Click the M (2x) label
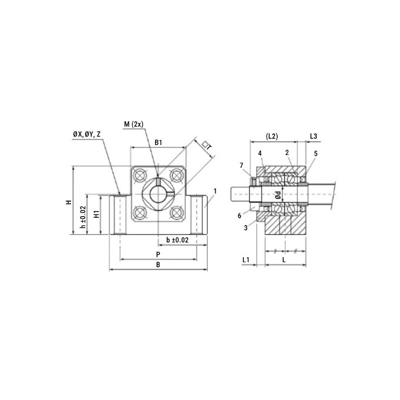click(x=134, y=124)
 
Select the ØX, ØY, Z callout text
click(x=87, y=134)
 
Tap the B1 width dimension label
click(x=158, y=142)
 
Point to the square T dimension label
click(x=207, y=146)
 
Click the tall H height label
click(x=69, y=202)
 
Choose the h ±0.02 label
click(x=83, y=217)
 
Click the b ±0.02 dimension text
click(x=177, y=240)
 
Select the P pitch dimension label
click(x=158, y=254)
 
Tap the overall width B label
click(x=158, y=265)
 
